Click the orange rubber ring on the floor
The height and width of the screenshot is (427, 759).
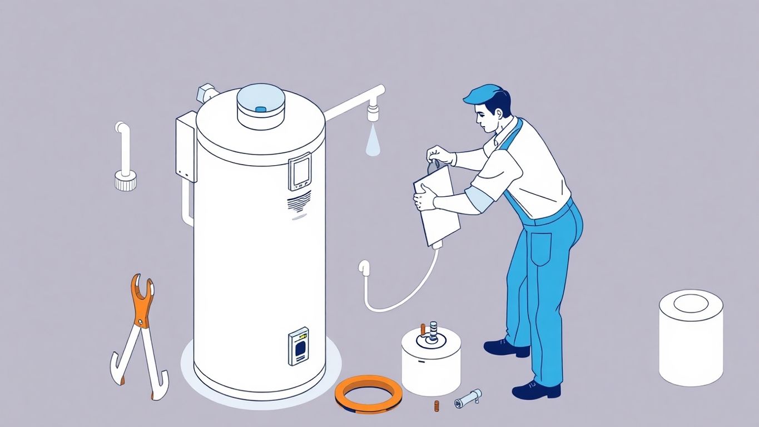pos(369,394)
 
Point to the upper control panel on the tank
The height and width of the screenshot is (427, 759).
pos(299,171)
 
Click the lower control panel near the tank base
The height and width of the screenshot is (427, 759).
pos(299,346)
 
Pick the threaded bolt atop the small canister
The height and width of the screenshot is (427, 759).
pos(434,330)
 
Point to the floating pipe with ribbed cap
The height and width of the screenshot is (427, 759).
pos(123,158)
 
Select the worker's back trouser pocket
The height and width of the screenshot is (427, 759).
pos(540,248)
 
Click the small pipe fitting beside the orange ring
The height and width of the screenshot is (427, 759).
pos(468,398)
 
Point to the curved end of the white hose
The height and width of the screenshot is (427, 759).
pos(365,267)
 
